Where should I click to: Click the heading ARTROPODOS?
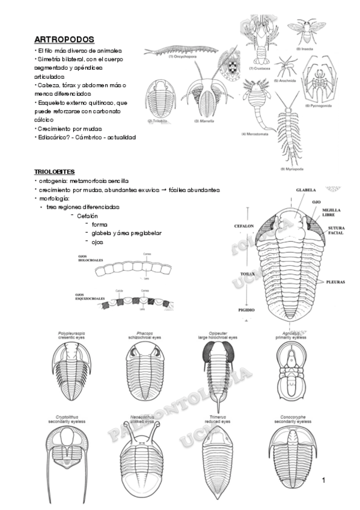click(x=64, y=40)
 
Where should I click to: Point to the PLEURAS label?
click(x=337, y=281)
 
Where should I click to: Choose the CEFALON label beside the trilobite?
click(x=244, y=226)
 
